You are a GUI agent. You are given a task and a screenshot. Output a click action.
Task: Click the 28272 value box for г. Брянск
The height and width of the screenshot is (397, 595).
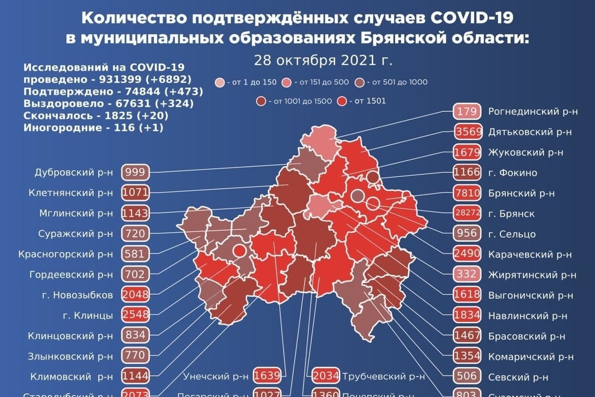point(467,213)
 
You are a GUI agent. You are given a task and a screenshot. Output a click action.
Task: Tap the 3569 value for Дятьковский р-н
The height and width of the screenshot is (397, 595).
point(467,132)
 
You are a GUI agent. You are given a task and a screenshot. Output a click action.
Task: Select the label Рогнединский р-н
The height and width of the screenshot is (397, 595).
point(532,112)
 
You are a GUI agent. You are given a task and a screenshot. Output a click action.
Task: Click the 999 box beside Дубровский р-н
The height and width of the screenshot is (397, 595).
point(135,173)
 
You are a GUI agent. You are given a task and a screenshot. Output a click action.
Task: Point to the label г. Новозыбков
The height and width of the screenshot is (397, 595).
point(78,294)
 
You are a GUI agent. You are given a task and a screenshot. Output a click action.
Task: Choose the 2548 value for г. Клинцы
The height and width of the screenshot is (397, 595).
point(135,315)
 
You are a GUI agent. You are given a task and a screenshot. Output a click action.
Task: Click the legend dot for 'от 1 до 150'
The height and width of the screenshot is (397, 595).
point(219,82)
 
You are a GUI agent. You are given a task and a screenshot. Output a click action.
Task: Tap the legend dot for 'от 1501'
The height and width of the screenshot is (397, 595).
point(341,101)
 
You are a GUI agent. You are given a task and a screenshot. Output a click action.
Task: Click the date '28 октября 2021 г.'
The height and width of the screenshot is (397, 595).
point(323,61)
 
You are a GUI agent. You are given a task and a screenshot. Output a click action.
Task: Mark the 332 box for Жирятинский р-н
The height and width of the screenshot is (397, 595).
point(467,274)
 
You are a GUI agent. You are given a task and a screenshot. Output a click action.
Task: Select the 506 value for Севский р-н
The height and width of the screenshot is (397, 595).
point(467,376)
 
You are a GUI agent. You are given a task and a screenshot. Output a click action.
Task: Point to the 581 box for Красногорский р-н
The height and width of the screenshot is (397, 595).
point(135,254)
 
